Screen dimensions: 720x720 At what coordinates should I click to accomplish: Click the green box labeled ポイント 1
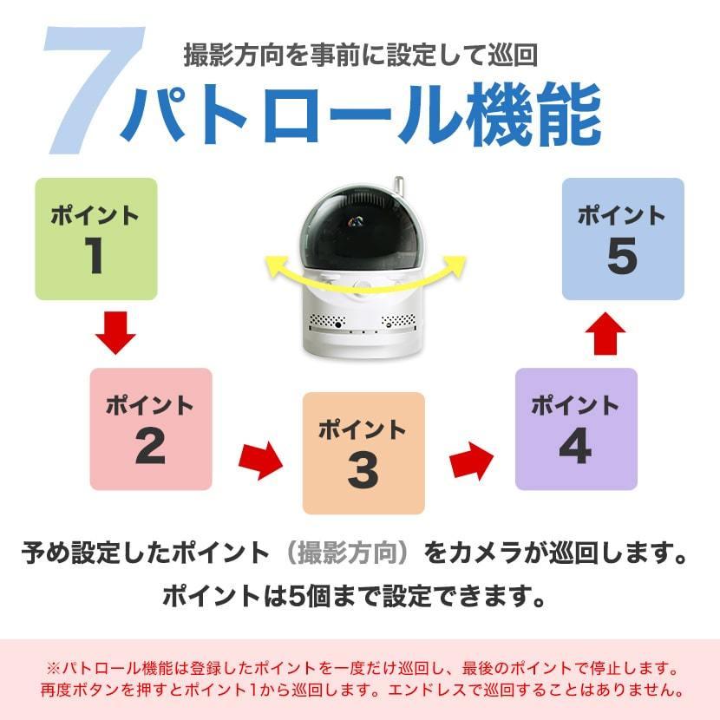(95, 239)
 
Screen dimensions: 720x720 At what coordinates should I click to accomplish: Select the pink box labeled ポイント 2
(151, 429)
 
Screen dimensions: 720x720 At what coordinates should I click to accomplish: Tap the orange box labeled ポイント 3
(363, 453)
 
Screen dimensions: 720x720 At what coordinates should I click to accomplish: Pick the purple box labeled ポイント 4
(576, 429)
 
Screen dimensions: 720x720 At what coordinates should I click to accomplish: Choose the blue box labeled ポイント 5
(623, 239)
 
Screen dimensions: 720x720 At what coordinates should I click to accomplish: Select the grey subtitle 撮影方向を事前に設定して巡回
(360, 56)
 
